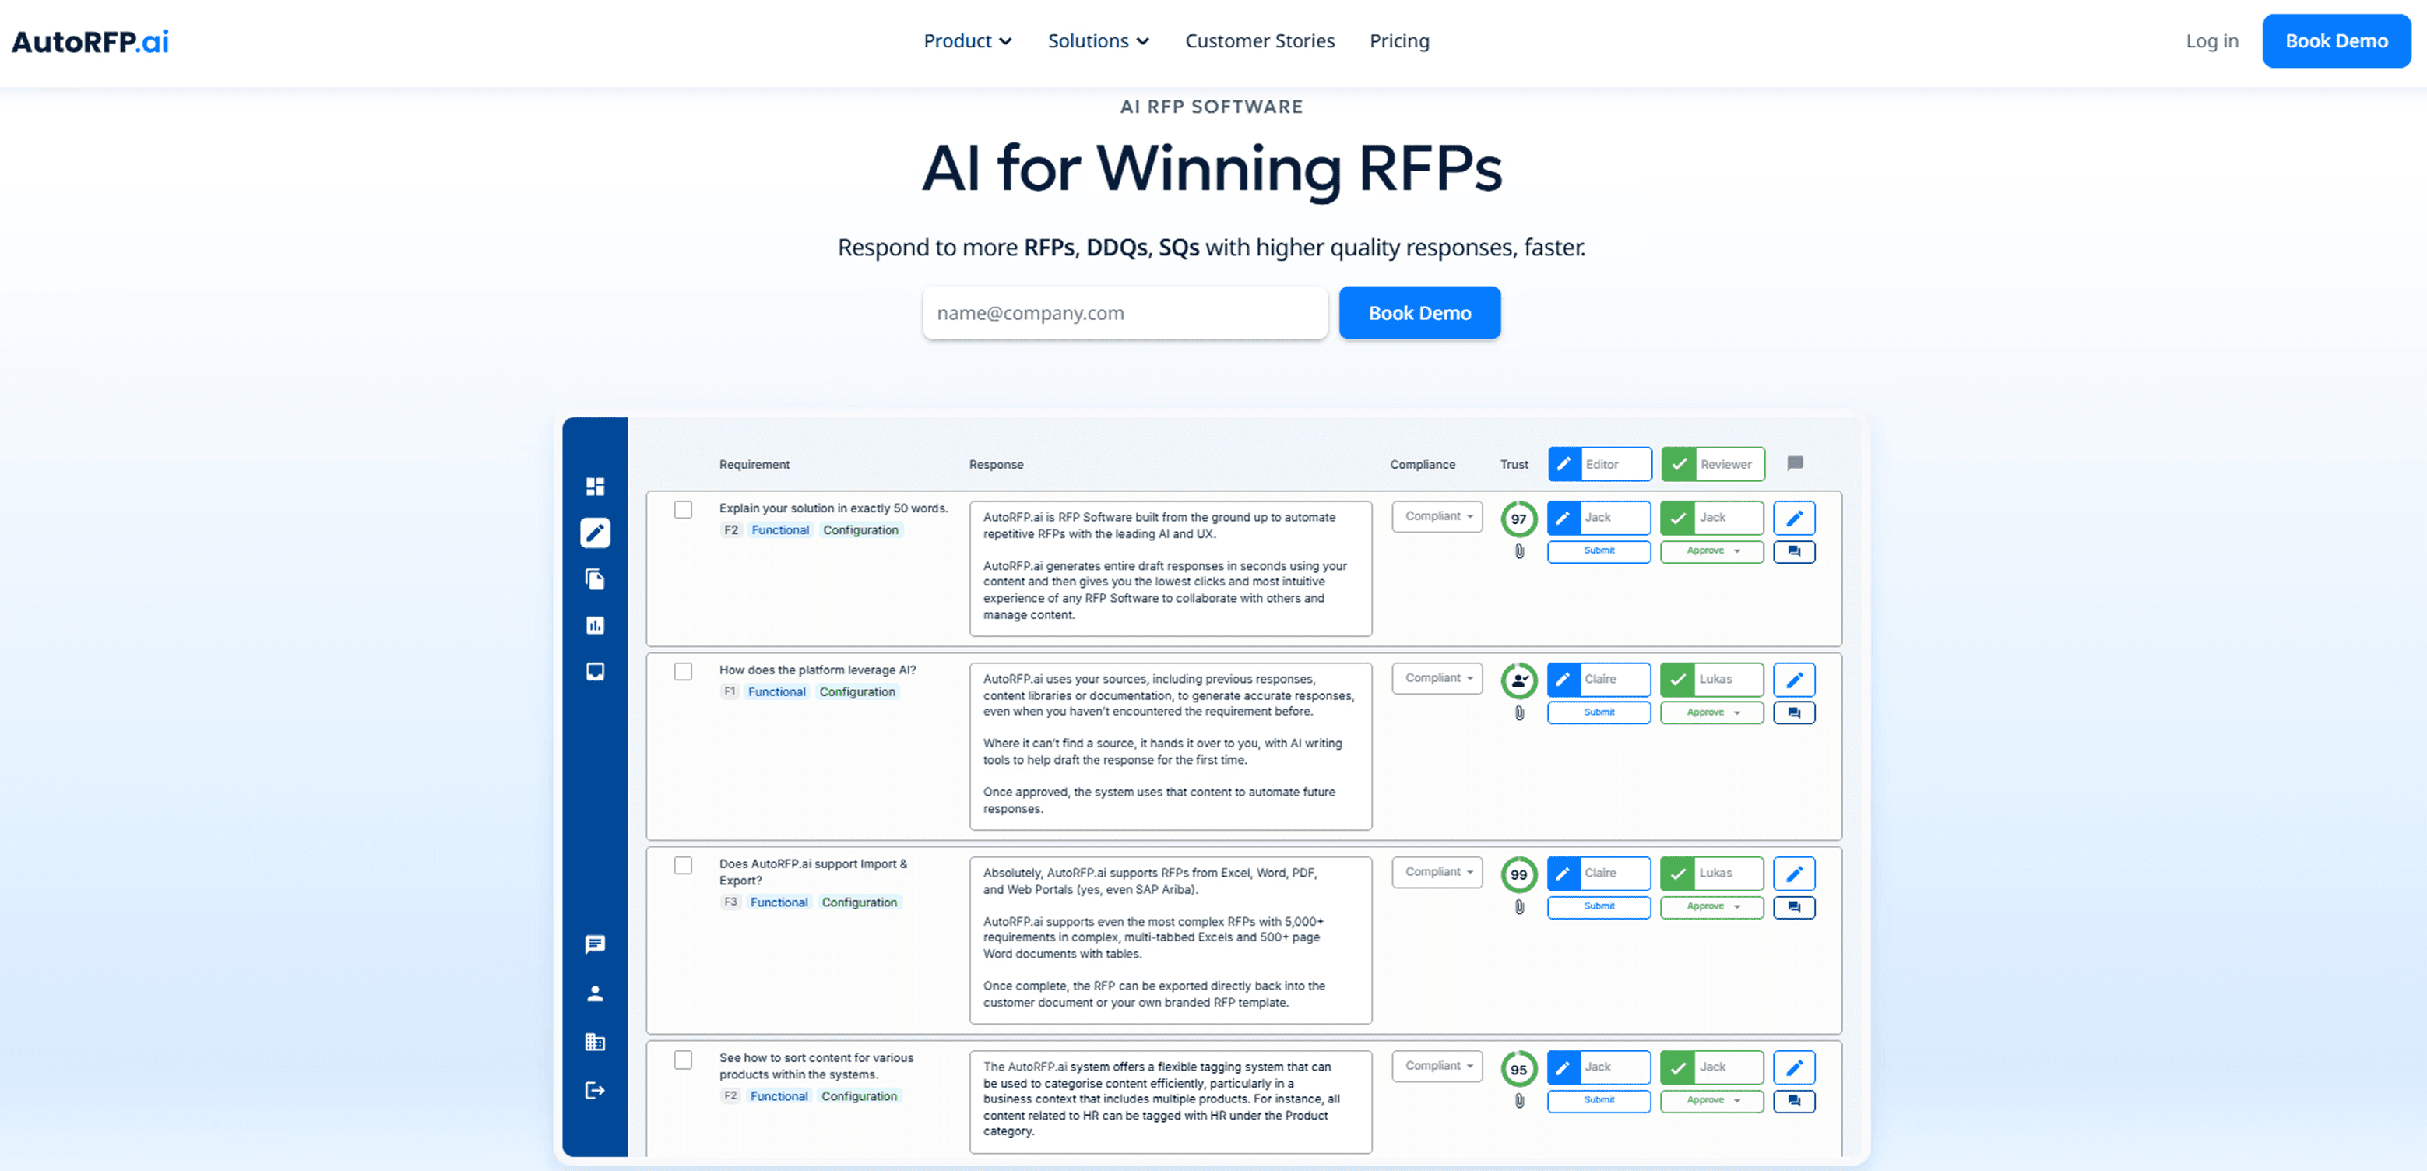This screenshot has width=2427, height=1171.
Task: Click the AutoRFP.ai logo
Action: (90, 41)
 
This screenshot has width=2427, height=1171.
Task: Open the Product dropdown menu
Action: (966, 41)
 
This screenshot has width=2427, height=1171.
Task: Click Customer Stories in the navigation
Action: (1259, 41)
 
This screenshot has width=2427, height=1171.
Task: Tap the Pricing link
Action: (1398, 41)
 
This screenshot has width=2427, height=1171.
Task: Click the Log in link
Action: (2211, 41)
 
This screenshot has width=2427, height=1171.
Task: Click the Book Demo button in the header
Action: (2336, 41)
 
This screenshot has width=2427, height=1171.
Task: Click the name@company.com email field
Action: (1124, 313)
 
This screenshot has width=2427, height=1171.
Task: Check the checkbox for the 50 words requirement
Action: (683, 510)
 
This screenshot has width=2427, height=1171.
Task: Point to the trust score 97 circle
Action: (1518, 518)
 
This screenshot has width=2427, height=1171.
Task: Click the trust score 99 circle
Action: (1518, 874)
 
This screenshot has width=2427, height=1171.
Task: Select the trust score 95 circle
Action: (1518, 1069)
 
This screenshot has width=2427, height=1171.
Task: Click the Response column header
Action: (996, 465)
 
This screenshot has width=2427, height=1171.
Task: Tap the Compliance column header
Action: (1422, 465)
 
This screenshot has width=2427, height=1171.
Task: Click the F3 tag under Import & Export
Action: (730, 902)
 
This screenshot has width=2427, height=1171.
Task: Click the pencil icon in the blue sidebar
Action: (595, 533)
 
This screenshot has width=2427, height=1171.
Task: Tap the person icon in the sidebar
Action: (595, 993)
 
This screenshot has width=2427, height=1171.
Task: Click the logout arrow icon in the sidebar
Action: (595, 1090)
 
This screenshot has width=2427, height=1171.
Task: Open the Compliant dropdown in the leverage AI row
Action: (1437, 678)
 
